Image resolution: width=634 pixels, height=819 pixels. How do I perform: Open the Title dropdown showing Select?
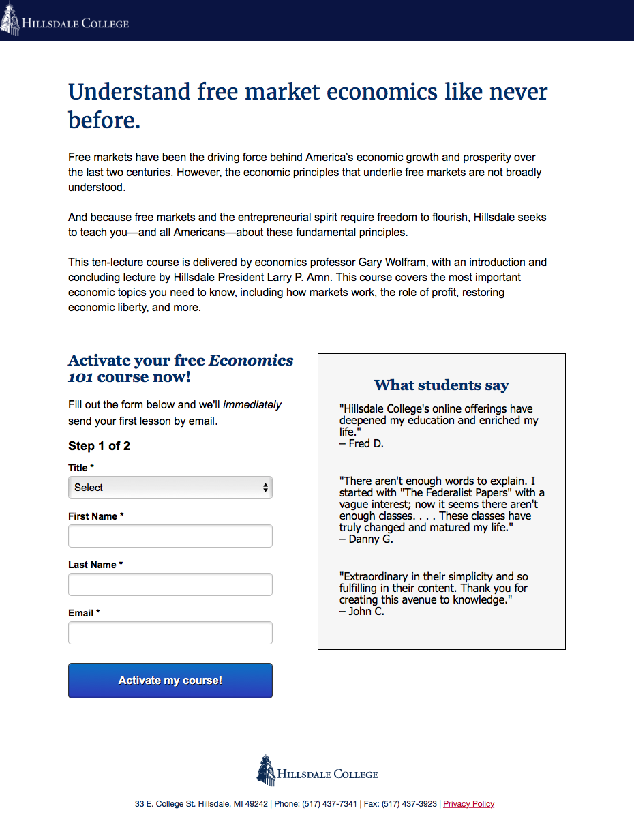tap(170, 488)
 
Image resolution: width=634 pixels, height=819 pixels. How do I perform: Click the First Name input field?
tap(170, 536)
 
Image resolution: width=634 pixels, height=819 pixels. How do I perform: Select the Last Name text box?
tap(170, 584)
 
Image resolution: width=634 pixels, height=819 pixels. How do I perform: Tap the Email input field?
tap(170, 633)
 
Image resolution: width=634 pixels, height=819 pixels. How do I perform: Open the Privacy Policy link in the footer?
tap(468, 804)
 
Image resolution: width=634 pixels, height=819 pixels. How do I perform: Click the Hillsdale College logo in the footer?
tap(317, 771)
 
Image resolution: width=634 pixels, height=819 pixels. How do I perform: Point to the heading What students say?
tap(441, 385)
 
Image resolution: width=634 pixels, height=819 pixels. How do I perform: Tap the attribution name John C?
tap(365, 612)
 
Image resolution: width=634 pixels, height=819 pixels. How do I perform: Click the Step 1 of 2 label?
tap(99, 446)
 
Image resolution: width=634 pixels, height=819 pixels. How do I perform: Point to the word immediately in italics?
tap(252, 405)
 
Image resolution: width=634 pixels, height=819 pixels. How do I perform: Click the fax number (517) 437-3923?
tap(409, 804)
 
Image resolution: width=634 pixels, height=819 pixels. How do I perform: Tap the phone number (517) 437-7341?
tap(329, 804)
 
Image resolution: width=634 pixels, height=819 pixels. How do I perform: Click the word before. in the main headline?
tap(104, 121)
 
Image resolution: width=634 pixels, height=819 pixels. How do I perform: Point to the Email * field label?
tap(84, 613)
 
